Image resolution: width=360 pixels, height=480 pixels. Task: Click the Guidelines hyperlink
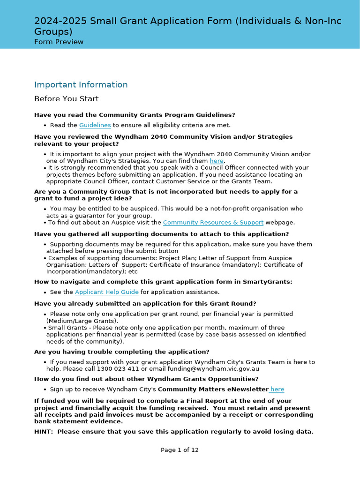tap(95, 125)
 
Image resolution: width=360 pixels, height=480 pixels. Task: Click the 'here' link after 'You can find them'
tap(217, 161)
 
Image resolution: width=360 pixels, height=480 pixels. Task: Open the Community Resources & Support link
tap(213, 223)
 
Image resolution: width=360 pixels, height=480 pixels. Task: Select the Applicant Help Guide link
tap(106, 292)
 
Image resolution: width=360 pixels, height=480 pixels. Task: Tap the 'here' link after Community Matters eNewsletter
tap(277, 390)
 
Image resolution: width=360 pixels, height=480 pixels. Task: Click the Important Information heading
tap(81, 85)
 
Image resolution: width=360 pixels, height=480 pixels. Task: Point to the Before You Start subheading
tap(66, 99)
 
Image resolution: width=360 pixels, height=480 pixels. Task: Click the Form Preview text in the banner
tap(59, 42)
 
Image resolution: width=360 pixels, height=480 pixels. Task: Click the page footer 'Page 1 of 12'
tap(180, 450)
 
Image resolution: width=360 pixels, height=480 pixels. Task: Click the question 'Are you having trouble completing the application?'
tap(122, 352)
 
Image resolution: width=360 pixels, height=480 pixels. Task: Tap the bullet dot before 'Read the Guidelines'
tap(45, 126)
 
